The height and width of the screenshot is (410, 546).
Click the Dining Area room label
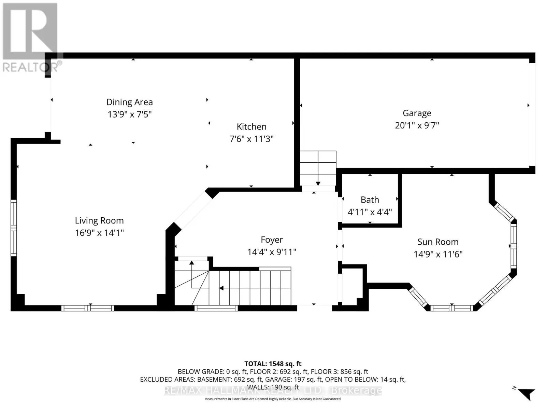[129, 102]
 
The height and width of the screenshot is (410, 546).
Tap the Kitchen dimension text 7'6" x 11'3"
[252, 139]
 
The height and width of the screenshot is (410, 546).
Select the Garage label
[417, 113]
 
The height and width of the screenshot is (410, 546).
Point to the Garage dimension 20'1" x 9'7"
[417, 125]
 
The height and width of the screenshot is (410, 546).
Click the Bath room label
[370, 200]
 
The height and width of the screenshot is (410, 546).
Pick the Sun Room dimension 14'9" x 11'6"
[438, 254]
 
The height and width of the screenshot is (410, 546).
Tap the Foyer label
[272, 240]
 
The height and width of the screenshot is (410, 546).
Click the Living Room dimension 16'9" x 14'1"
[99, 233]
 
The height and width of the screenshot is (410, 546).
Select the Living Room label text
[99, 221]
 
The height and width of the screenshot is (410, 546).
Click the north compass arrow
[527, 394]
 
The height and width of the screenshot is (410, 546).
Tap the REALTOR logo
[31, 38]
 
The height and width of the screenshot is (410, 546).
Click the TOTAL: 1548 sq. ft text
[273, 364]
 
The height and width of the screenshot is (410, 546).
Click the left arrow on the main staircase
[221, 288]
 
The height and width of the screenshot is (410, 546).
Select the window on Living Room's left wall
[14, 228]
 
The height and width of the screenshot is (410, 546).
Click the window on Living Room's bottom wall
[88, 308]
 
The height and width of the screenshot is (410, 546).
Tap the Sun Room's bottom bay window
[451, 308]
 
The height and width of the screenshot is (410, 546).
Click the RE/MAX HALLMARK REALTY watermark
[273, 390]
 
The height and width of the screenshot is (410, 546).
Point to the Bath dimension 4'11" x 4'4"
[370, 212]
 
